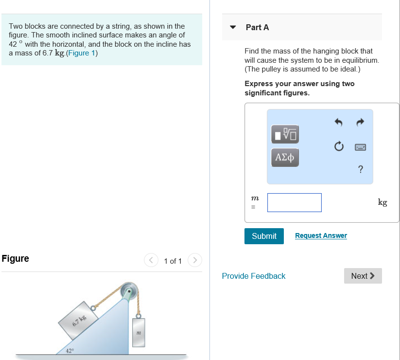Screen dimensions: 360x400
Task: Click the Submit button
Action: pyautogui.click(x=264, y=236)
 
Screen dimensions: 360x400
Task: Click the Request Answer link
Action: pyautogui.click(x=321, y=235)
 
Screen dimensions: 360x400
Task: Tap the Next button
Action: pyautogui.click(x=363, y=276)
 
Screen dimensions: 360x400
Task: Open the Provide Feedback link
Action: pyautogui.click(x=254, y=276)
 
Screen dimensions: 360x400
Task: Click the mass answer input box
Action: pyautogui.click(x=294, y=202)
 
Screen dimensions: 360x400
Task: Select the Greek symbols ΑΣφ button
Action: pyautogui.click(x=285, y=158)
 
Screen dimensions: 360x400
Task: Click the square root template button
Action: pyautogui.click(x=285, y=134)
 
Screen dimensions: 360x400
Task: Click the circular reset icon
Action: pyautogui.click(x=339, y=146)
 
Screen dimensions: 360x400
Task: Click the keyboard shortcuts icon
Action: pyautogui.click(x=360, y=146)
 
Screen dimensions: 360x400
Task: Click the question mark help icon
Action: pyautogui.click(x=360, y=169)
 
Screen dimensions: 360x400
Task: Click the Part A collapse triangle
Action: pyautogui.click(x=233, y=27)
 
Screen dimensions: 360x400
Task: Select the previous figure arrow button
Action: pyautogui.click(x=151, y=260)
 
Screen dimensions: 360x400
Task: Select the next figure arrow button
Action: pyautogui.click(x=194, y=260)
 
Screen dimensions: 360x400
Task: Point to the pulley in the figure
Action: pyautogui.click(x=129, y=290)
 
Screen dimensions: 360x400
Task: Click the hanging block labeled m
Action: pyautogui.click(x=139, y=333)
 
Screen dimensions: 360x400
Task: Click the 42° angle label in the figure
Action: pyautogui.click(x=70, y=350)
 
